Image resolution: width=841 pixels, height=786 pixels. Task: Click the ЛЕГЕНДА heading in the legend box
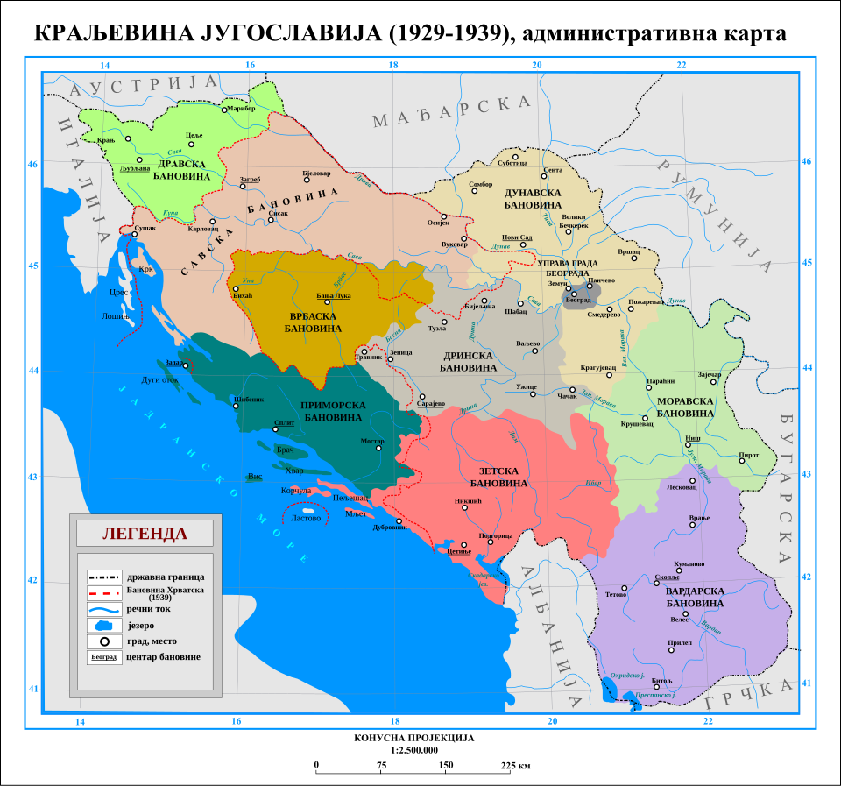click(x=145, y=533)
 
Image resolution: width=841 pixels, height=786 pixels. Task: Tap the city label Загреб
click(x=250, y=179)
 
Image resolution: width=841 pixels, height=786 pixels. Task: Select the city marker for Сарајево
click(x=422, y=397)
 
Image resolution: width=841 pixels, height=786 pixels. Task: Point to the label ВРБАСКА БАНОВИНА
click(x=313, y=321)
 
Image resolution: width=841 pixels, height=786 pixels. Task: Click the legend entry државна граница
click(x=165, y=577)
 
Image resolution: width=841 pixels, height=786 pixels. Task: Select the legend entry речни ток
click(x=146, y=609)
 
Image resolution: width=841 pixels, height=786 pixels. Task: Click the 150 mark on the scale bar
click(x=446, y=765)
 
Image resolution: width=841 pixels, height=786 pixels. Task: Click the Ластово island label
click(x=306, y=518)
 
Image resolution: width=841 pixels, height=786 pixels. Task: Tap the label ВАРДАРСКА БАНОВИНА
click(x=695, y=597)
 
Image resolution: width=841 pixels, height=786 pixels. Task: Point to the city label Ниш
click(x=691, y=436)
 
